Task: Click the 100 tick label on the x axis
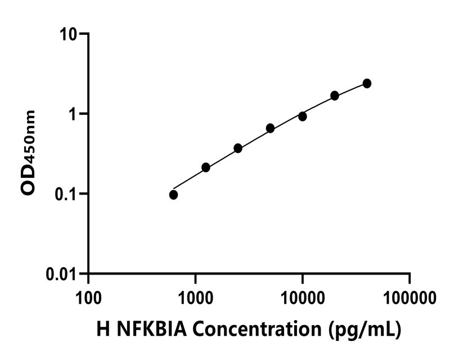[x=88, y=295]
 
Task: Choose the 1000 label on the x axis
[x=195, y=295]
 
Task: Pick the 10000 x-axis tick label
[x=303, y=295]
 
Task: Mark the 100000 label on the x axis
[x=409, y=295]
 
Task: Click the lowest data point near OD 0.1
[x=173, y=195]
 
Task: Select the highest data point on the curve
[x=367, y=83]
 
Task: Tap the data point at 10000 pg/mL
[x=303, y=116]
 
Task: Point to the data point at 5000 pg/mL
[x=270, y=128]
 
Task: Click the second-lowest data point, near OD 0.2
[x=206, y=167]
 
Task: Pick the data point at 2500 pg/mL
[x=238, y=148]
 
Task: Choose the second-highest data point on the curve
[x=335, y=96]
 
